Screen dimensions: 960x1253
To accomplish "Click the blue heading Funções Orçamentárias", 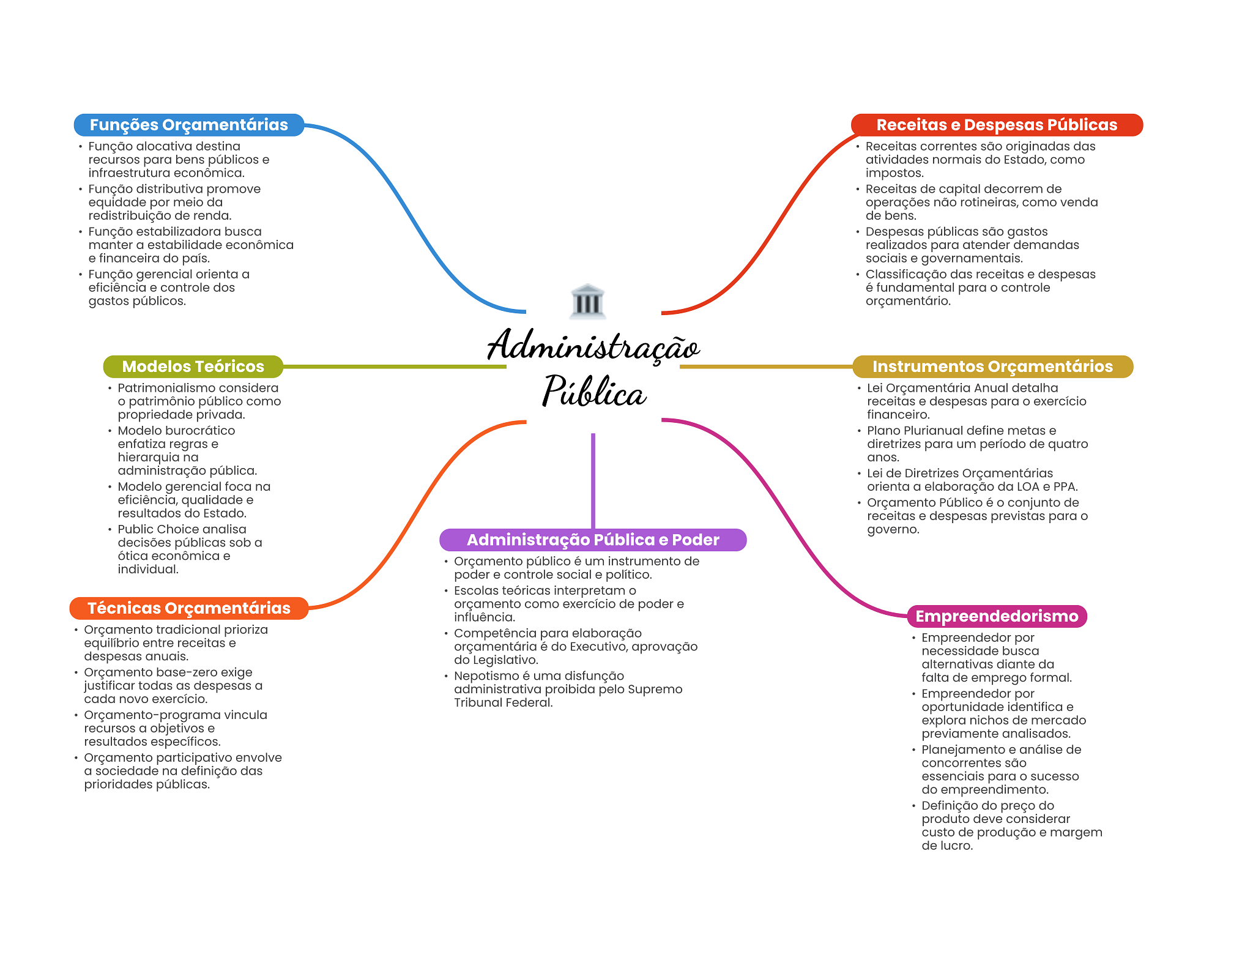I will coord(188,125).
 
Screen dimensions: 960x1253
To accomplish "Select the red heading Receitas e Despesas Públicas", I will coord(997,125).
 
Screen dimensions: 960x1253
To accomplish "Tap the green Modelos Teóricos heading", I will coord(193,367).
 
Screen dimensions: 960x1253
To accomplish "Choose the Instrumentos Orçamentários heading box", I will coord(992,367).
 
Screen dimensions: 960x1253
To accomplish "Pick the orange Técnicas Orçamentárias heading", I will coord(188,608).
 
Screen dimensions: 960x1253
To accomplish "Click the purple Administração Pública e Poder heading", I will coord(593,540).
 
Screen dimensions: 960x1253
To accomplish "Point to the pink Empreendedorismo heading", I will coord(997,616).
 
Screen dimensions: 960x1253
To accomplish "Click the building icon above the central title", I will coord(587,301).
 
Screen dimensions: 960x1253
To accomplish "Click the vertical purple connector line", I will coord(593,480).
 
